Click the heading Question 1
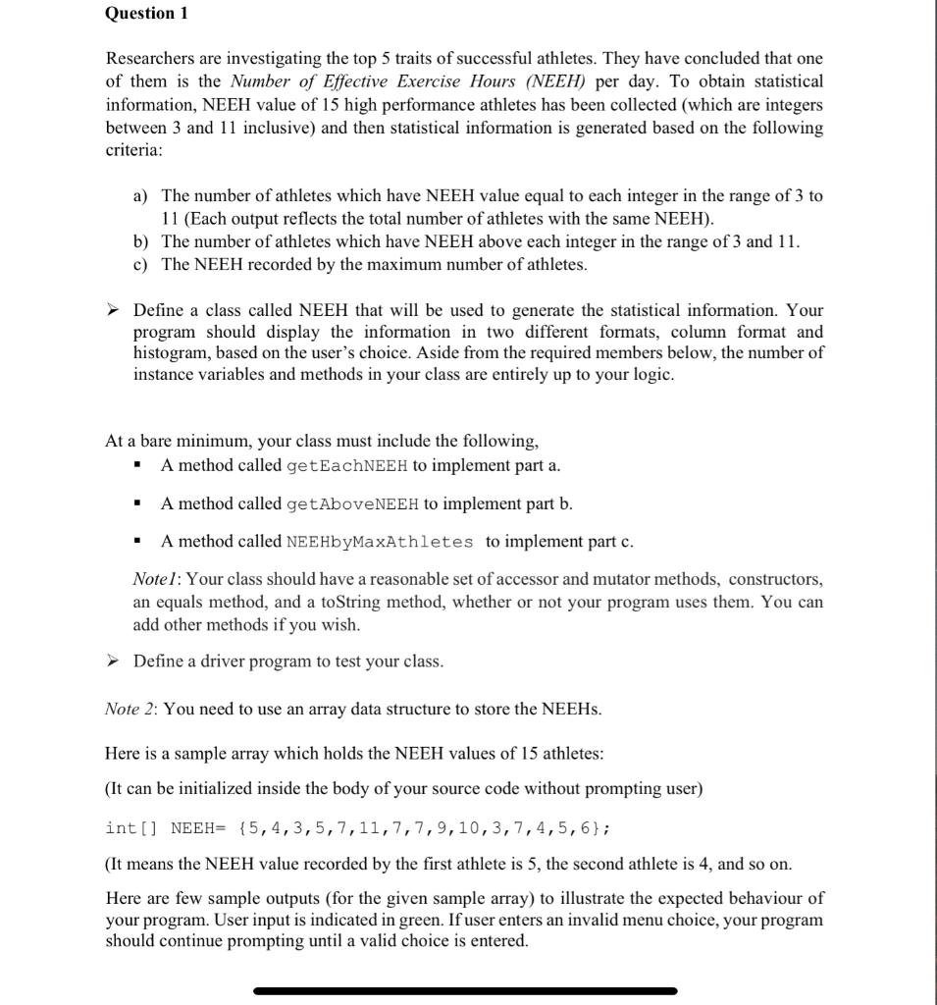pyautogui.click(x=147, y=14)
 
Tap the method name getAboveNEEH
pyautogui.click(x=352, y=503)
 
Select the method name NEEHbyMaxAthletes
pyautogui.click(x=381, y=542)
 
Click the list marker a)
pyautogui.click(x=141, y=196)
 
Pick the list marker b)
pyautogui.click(x=141, y=241)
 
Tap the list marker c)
pyautogui.click(x=141, y=265)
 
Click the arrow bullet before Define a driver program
pyautogui.click(x=114, y=661)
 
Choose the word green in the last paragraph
pyautogui.click(x=545, y=921)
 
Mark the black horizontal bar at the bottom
pyautogui.click(x=465, y=991)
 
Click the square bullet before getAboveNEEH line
pyautogui.click(x=141, y=503)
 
